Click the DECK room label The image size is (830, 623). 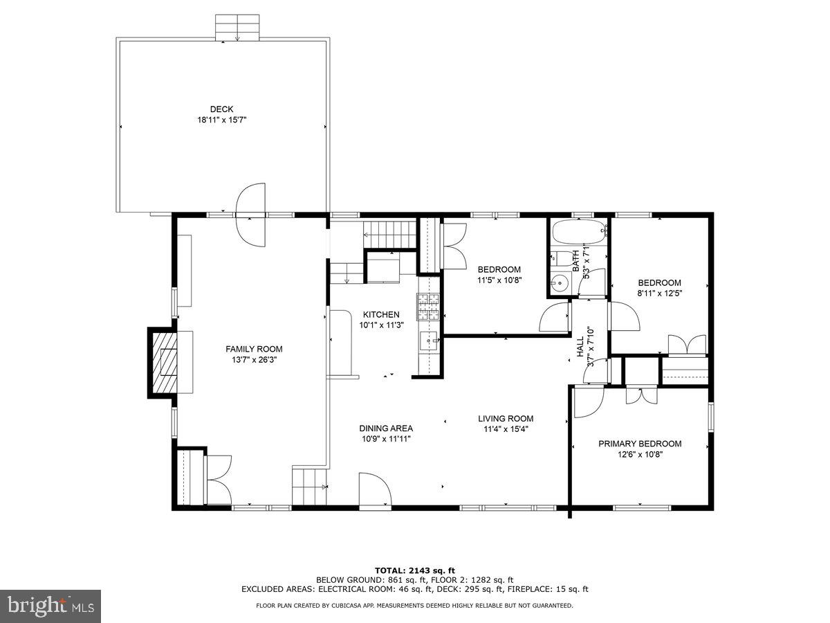pyautogui.click(x=221, y=109)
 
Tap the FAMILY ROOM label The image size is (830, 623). pyautogui.click(x=254, y=349)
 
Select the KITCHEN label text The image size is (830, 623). pyautogui.click(x=381, y=314)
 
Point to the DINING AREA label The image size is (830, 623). pyautogui.click(x=386, y=428)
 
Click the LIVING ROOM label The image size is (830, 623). pyautogui.click(x=506, y=418)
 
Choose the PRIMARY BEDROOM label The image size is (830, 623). pyautogui.click(x=640, y=443)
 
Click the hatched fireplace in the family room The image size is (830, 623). pyautogui.click(x=164, y=361)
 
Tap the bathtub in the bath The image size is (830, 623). pyautogui.click(x=580, y=232)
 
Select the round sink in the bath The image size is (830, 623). pyautogui.click(x=560, y=282)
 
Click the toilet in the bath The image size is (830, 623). pyautogui.click(x=562, y=258)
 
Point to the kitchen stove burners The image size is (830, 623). pyautogui.click(x=428, y=307)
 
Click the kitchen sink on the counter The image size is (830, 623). pyautogui.click(x=430, y=343)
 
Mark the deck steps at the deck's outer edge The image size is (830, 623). pyautogui.click(x=237, y=27)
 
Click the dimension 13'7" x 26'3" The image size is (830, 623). pyautogui.click(x=254, y=360)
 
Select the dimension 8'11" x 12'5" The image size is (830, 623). pyautogui.click(x=659, y=293)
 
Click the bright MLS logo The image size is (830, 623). pyautogui.click(x=50, y=606)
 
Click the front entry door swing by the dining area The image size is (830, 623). pyautogui.click(x=375, y=489)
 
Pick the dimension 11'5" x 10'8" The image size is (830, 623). pyautogui.click(x=499, y=280)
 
